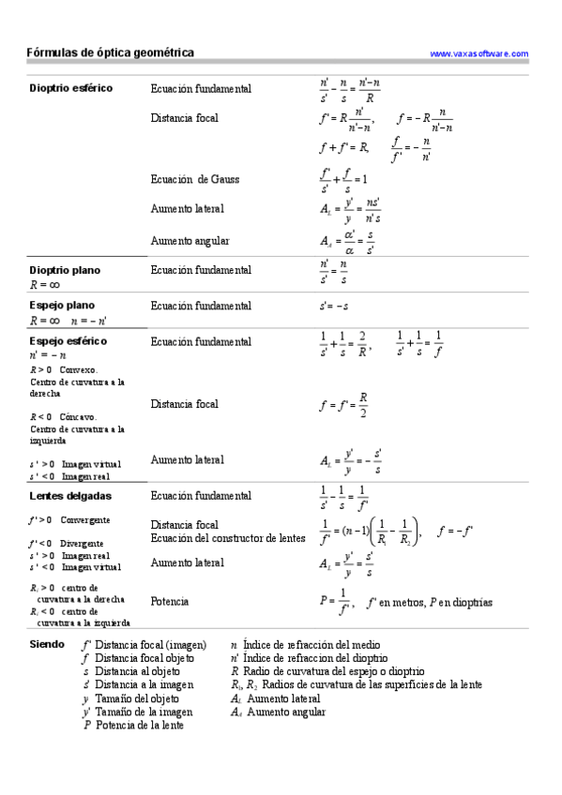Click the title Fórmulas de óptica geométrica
111,53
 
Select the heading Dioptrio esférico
71,88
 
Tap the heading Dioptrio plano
65,270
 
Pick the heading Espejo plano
62,306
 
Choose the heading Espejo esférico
68,341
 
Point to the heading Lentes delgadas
70,495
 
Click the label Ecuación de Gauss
194,178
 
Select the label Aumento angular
190,241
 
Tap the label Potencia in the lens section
169,601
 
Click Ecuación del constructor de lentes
228,538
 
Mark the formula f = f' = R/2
343,405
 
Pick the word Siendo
47,645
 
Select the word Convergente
86,519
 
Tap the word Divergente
82,543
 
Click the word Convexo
79,370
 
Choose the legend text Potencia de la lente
140,725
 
